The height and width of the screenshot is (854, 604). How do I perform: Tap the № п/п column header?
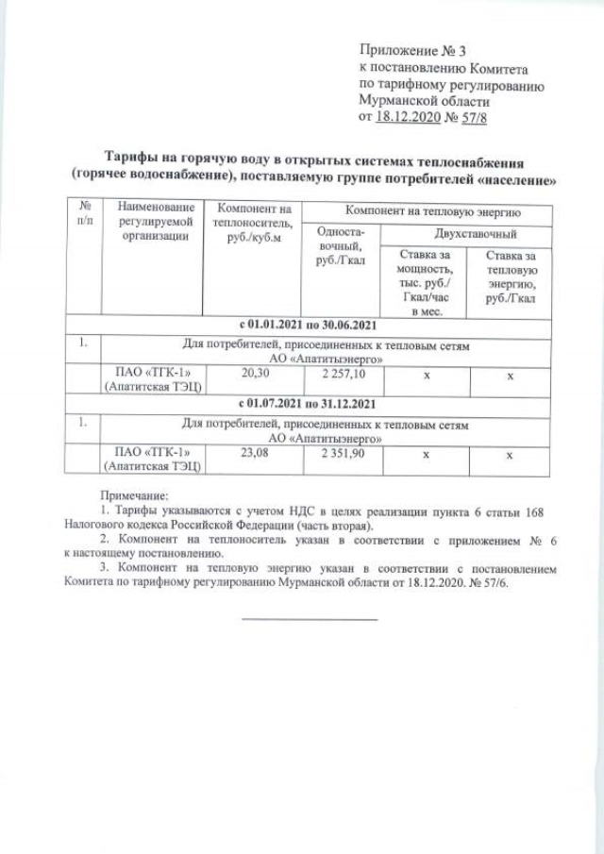85,214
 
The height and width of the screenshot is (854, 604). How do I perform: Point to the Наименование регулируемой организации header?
156,223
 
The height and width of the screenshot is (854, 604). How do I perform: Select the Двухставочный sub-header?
475,232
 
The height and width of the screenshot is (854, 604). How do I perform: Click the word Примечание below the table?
135,495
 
